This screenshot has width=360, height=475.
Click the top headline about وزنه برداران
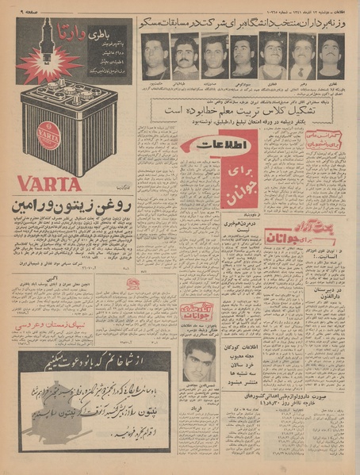pyautogui.click(x=247, y=21)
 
